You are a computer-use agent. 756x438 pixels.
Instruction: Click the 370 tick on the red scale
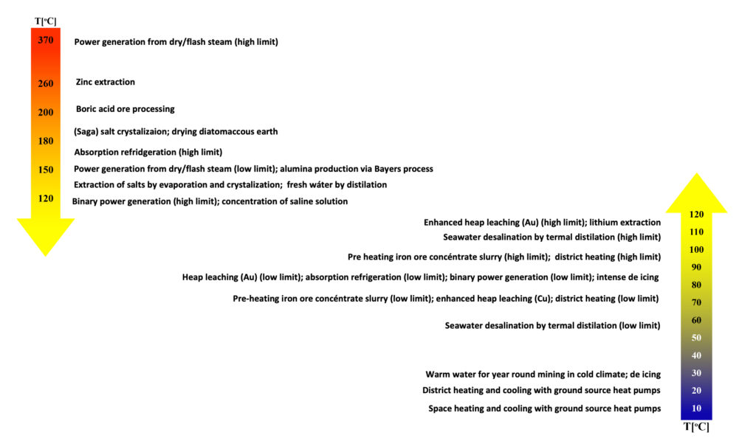46,41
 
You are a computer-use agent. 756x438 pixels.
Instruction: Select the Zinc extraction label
106,83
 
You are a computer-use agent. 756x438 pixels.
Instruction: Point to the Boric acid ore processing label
126,109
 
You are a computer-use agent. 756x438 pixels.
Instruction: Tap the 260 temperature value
46,83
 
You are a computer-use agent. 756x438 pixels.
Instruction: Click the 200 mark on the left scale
46,112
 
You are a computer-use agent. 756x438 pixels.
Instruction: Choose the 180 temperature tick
46,141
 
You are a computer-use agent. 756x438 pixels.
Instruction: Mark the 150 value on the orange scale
46,170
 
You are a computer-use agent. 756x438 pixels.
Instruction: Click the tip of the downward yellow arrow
45,254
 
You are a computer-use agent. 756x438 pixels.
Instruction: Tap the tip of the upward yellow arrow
696,175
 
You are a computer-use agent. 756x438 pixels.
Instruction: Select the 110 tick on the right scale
696,232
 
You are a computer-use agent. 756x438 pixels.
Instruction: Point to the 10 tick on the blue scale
696,409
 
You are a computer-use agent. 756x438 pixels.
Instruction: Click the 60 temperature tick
696,320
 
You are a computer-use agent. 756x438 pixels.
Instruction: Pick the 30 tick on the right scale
696,373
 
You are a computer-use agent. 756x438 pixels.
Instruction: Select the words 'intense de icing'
628,277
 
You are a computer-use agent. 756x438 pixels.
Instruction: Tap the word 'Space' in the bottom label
441,409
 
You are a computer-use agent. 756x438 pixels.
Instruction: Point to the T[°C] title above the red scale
46,20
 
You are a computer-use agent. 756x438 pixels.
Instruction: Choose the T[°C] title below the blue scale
696,427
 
